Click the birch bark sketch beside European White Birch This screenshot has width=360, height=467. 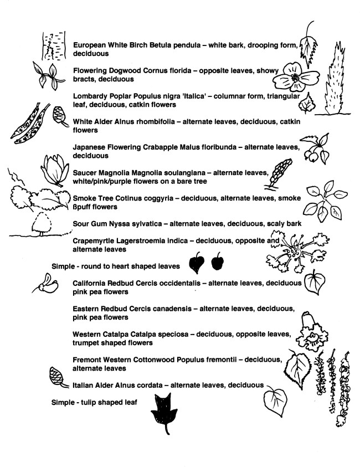tap(54, 46)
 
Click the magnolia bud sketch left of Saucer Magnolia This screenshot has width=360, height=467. tap(56, 168)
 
